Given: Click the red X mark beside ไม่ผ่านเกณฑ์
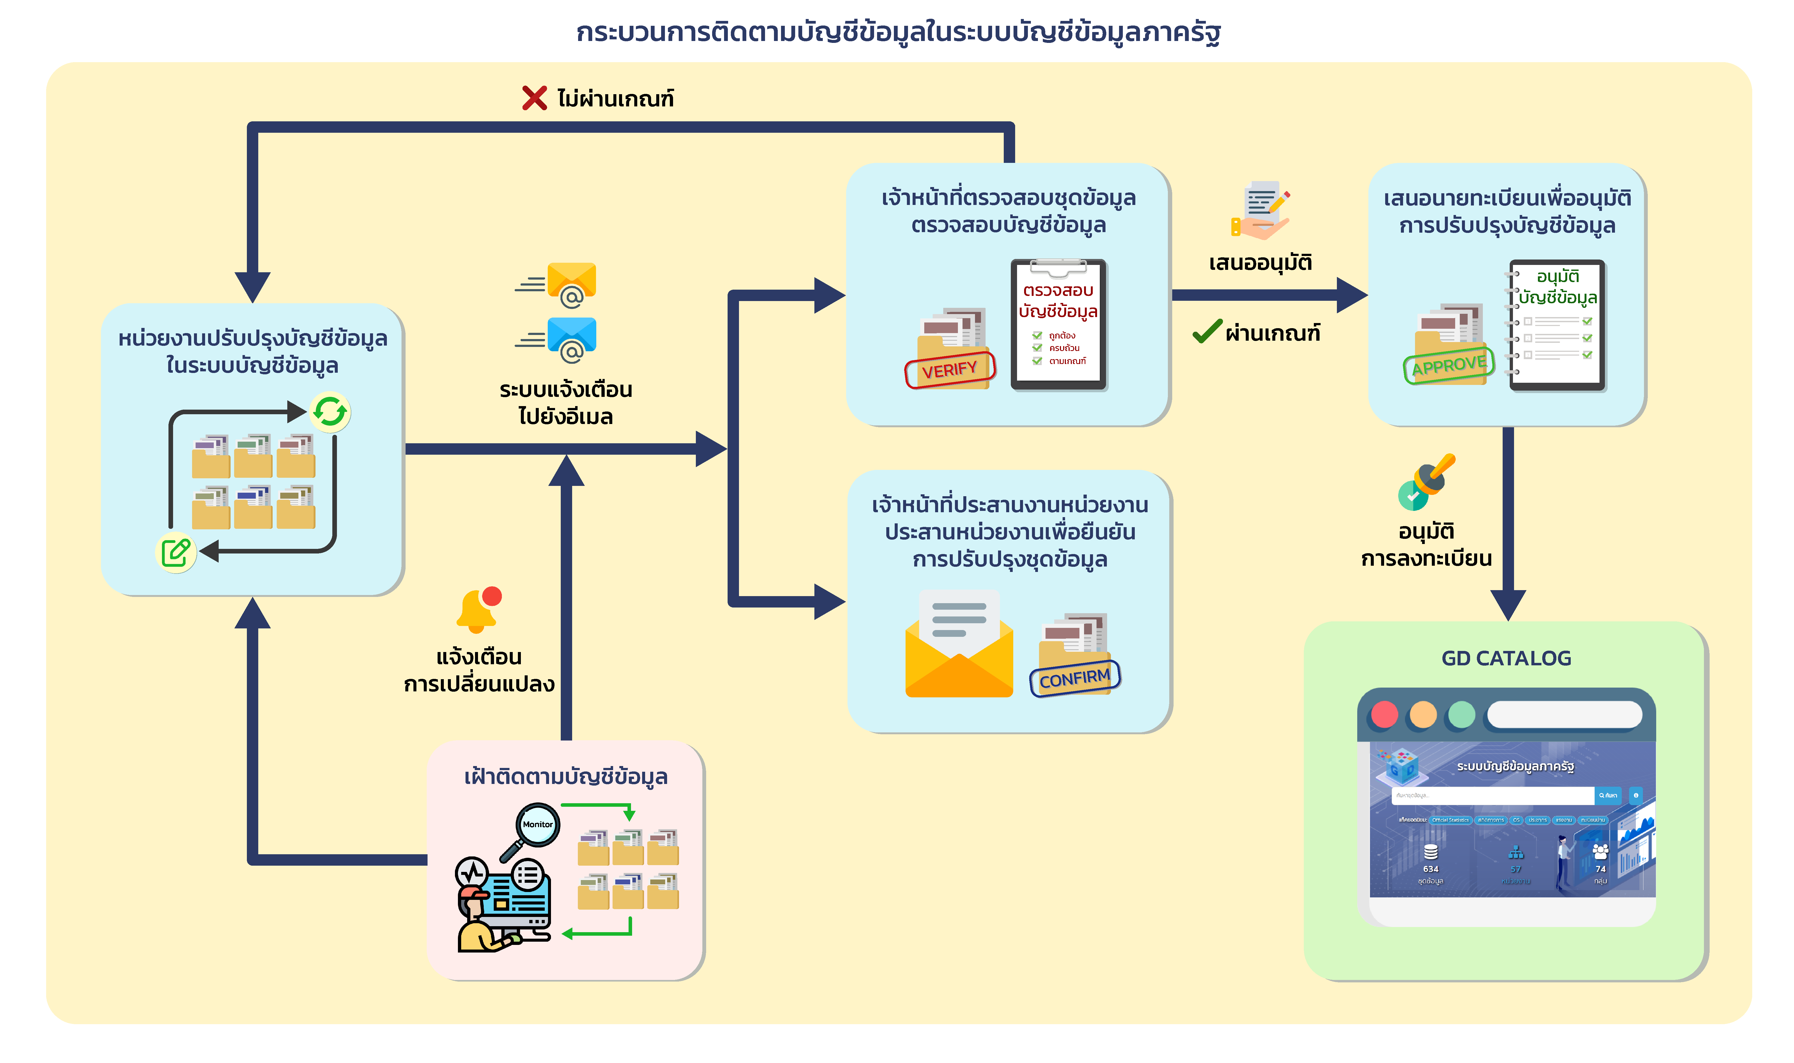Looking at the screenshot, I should coord(534,98).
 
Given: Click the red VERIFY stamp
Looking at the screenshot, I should coord(950,370).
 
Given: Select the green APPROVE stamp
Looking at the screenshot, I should coord(1449,365).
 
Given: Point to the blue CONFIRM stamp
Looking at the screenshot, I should coord(1075,678).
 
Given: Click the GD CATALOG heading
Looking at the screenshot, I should coord(1506,658).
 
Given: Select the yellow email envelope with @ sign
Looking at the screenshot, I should coord(571,283).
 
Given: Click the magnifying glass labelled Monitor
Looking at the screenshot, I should coord(537,825).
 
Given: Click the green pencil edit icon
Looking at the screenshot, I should coord(176,552).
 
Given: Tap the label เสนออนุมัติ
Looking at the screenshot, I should coord(1260,263).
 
